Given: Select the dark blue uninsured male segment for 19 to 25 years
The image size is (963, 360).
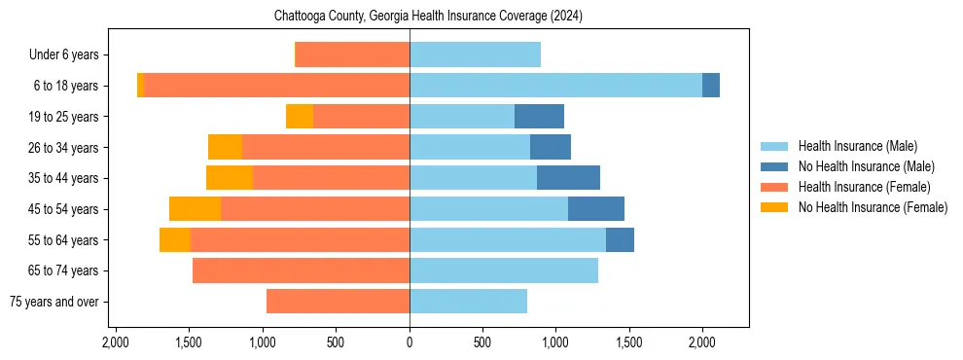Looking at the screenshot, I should click(539, 116).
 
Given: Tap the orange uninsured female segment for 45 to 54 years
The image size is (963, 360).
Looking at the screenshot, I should click(195, 208).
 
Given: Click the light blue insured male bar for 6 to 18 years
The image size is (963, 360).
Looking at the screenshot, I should click(555, 85).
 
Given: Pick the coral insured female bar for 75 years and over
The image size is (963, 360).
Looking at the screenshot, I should click(338, 302).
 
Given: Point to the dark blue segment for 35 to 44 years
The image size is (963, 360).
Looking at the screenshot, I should click(568, 177).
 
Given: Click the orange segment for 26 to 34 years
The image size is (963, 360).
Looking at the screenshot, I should click(225, 147).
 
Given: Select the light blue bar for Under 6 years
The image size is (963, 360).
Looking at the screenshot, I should click(475, 54).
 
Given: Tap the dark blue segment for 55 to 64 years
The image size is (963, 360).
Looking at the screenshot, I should click(620, 239).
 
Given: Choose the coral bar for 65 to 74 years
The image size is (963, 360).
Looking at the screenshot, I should click(301, 270).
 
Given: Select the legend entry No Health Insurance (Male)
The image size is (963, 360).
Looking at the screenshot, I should click(866, 166).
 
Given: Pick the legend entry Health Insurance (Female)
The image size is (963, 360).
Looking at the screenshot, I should click(864, 187).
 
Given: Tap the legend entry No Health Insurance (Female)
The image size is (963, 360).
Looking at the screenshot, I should click(873, 207).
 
